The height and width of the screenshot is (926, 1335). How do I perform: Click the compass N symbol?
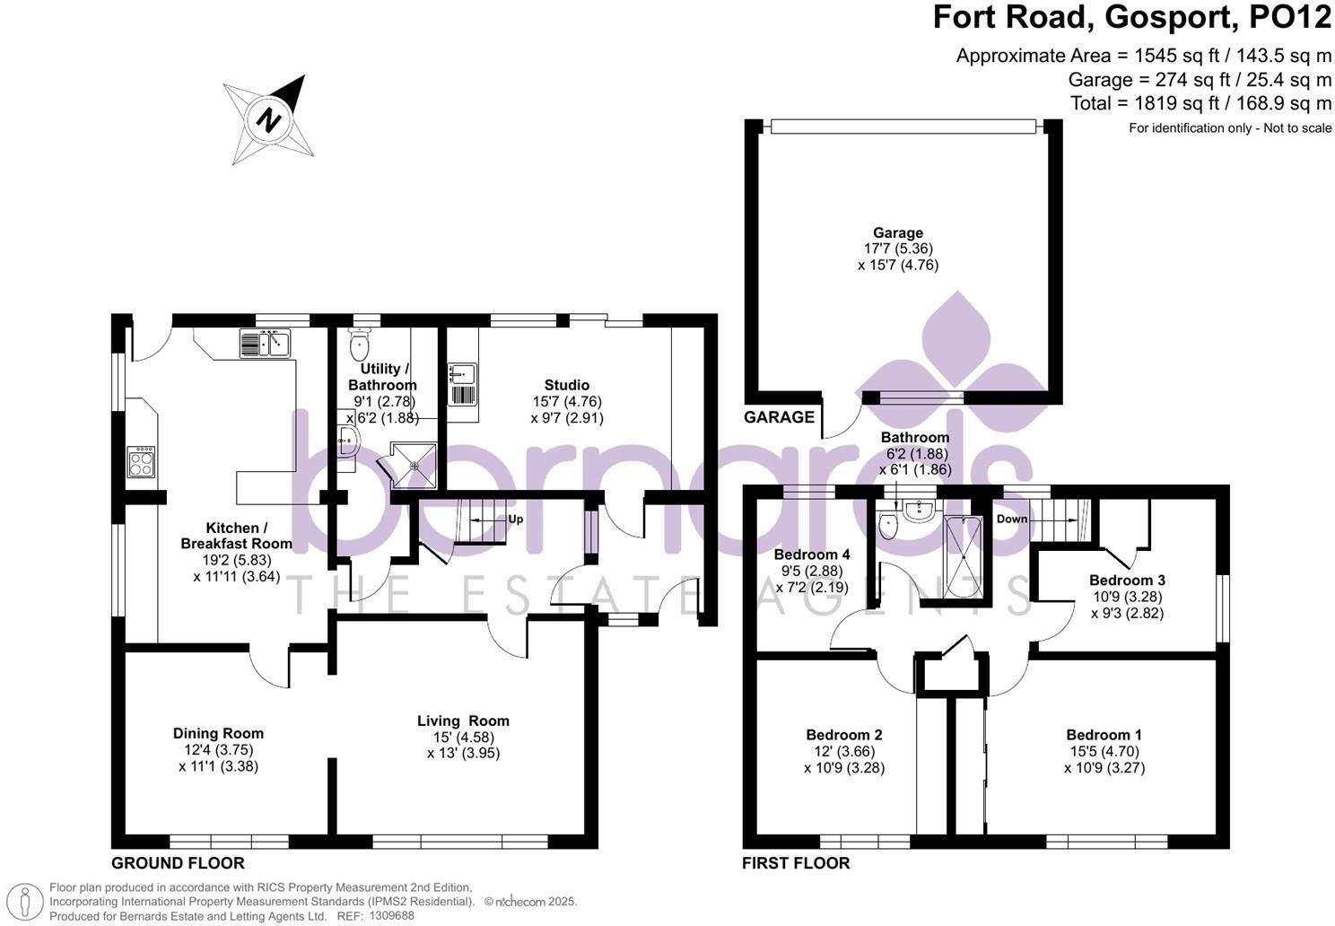pos(269,120)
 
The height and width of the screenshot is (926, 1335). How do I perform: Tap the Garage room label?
pos(898,233)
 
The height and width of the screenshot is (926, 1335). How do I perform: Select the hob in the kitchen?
pos(142,461)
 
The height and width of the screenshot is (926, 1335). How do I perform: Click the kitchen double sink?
pos(266,344)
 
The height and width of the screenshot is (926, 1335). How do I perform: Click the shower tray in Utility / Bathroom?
pos(414,466)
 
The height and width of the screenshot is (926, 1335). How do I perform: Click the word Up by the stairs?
pos(516,519)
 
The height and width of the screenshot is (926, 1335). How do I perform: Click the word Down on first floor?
pos(1012,519)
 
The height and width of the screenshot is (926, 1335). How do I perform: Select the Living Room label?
pos(463,721)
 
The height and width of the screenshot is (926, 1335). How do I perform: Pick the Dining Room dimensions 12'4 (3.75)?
pos(219,749)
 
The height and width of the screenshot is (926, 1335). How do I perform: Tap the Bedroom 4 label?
pos(812,555)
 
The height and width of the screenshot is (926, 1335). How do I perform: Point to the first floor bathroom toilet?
pos(888,525)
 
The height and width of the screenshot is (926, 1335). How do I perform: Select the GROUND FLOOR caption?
pos(178,863)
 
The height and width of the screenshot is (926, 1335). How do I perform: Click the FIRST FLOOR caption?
pos(796,863)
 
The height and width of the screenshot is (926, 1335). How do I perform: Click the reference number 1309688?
pos(391,915)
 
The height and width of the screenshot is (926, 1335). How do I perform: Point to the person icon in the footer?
pos(25,902)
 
